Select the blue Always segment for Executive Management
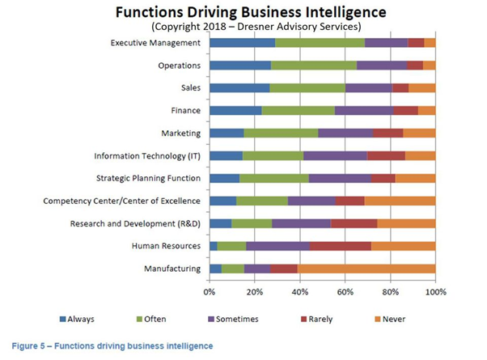[242, 43]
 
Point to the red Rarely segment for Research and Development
[354, 223]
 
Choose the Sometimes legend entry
[234, 319]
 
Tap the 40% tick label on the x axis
[300, 290]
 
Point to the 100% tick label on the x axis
[435, 290]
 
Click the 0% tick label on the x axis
[210, 290]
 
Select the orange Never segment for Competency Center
[400, 201]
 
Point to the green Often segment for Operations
[313, 66]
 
